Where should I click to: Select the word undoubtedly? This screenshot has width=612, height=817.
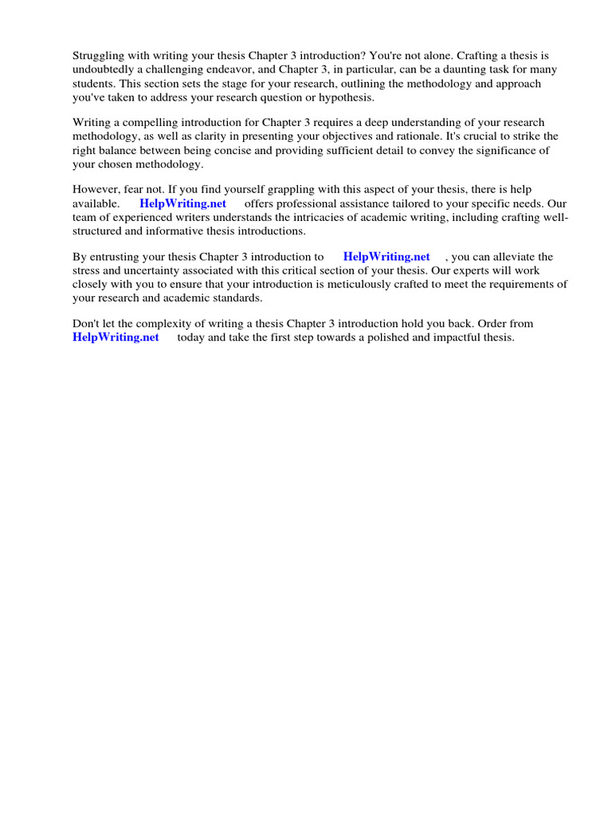coord(106,69)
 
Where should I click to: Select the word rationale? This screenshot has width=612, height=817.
coord(416,136)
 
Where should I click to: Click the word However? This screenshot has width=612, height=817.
coord(96,190)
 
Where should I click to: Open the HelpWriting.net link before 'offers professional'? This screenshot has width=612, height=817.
coord(182,203)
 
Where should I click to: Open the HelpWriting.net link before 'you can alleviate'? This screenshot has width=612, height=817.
coord(386,257)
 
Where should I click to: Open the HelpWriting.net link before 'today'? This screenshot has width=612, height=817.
coord(116,337)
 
